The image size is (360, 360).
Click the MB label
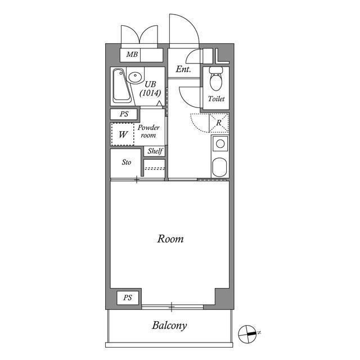[132, 55]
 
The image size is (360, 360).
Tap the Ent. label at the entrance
[183, 69]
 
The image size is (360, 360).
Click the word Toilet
[216, 99]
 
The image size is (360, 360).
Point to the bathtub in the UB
[121, 85]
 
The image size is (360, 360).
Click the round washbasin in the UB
[135, 76]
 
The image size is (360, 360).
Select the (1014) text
[150, 93]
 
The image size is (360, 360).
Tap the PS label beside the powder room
[124, 114]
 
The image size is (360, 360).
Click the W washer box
[123, 134]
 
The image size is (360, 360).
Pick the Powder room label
[148, 131]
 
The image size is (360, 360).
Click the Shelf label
[155, 151]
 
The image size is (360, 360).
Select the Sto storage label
[126, 163]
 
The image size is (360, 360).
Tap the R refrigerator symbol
[219, 123]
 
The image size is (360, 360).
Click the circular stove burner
[220, 144]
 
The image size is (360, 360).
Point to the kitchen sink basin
[220, 167]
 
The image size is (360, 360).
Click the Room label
[170, 239]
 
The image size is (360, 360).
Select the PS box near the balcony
[128, 298]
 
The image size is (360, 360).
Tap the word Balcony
[169, 326]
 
